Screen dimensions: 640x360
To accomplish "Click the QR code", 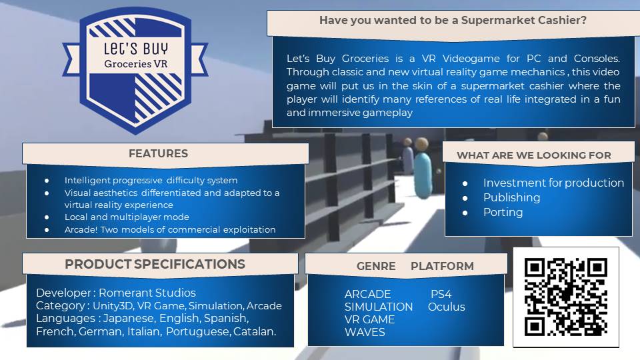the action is coord(566,297).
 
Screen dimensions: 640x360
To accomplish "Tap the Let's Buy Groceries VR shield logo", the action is coord(135,70).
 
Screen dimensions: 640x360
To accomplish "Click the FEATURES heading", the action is coord(159,153).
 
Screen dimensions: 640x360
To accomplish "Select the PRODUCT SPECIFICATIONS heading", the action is coord(155,264).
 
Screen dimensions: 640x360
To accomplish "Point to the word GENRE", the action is coord(376,266).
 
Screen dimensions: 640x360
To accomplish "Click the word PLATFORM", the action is coord(442,266).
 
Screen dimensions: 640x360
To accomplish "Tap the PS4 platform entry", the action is coord(441,294).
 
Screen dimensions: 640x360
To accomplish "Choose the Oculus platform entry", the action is coord(447,307).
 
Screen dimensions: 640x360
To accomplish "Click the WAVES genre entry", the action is coord(365,332).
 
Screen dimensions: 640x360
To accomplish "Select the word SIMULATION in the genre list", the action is coord(379,307).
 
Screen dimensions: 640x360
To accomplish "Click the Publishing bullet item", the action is coord(511,197).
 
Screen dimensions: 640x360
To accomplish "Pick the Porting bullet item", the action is coord(503,212).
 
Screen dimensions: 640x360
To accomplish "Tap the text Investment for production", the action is coord(553,183).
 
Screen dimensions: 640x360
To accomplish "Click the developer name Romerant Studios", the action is coord(147,293).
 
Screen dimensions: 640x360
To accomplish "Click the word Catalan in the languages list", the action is coord(254,331).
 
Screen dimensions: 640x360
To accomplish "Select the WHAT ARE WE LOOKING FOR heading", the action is coord(534,155).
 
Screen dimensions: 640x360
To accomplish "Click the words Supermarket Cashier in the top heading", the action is coord(524,21).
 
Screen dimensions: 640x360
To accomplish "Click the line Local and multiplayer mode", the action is coord(127,217).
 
